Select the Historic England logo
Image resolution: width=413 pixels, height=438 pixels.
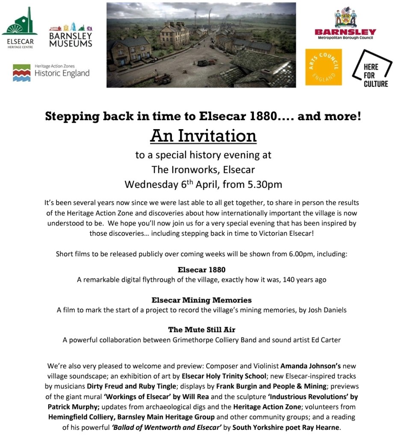51,73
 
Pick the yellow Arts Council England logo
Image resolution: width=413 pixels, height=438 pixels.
323,67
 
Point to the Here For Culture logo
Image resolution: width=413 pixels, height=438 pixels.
371,68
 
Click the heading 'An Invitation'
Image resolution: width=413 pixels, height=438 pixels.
203,136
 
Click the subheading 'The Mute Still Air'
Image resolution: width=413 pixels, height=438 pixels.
201,329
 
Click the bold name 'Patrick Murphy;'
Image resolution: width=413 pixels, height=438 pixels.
83,407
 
